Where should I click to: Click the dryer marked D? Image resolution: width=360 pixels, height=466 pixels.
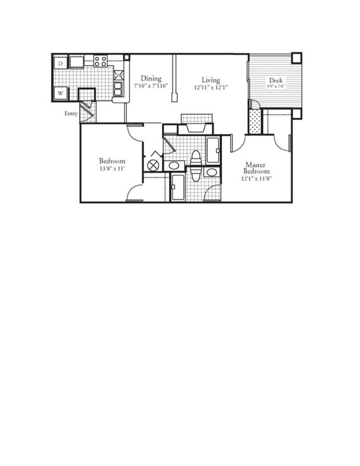[61, 63]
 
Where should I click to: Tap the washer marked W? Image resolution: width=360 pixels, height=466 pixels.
[61, 93]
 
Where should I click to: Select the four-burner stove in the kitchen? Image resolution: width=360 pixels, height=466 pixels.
[100, 61]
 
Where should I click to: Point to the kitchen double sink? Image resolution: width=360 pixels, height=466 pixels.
[118, 88]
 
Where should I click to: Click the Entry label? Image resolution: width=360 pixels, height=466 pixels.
[71, 114]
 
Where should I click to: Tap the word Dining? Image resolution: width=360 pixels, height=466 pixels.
[150, 78]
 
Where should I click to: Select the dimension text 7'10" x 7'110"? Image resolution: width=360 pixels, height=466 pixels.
[150, 86]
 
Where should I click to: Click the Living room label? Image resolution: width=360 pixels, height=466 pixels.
[210, 80]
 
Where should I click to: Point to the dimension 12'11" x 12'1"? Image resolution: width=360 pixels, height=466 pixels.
[210, 88]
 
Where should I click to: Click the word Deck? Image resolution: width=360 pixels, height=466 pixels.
[276, 80]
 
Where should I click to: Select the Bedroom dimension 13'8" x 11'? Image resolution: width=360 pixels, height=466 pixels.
[112, 169]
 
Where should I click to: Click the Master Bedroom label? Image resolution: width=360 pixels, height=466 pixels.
[256, 168]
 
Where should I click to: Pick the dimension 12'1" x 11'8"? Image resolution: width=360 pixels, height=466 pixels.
[256, 178]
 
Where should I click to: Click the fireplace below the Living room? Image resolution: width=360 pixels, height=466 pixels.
[196, 127]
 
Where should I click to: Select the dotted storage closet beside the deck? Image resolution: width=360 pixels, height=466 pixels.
[254, 121]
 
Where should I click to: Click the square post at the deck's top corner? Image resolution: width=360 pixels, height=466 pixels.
[297, 57]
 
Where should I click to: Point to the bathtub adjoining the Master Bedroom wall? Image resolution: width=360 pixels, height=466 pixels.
[213, 149]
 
